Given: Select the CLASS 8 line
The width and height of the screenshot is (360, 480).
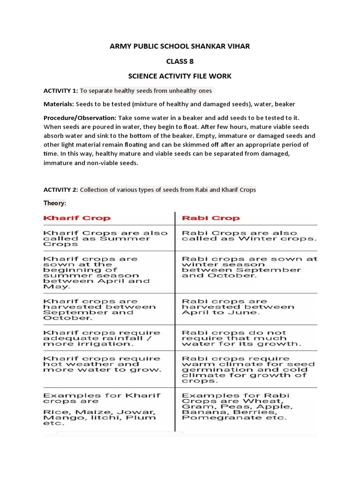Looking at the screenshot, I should point(180,61).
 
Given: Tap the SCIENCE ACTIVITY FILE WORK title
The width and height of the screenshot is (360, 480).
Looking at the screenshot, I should point(180,75).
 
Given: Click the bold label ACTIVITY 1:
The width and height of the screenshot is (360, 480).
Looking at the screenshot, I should point(60,90).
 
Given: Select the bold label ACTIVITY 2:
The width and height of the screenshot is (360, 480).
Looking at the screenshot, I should point(60,190).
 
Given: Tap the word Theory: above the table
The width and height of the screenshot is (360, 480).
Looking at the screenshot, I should point(55,203).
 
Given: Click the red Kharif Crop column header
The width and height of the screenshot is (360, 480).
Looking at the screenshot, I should point(77,218).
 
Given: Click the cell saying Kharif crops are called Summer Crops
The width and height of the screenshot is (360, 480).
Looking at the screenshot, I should point(105,239).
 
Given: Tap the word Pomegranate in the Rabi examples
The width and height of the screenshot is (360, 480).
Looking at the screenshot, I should point(212,417).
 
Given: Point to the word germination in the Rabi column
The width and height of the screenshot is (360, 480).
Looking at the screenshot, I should point(210,370).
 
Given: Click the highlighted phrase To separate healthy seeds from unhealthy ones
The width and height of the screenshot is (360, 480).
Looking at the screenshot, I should point(146,90).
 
